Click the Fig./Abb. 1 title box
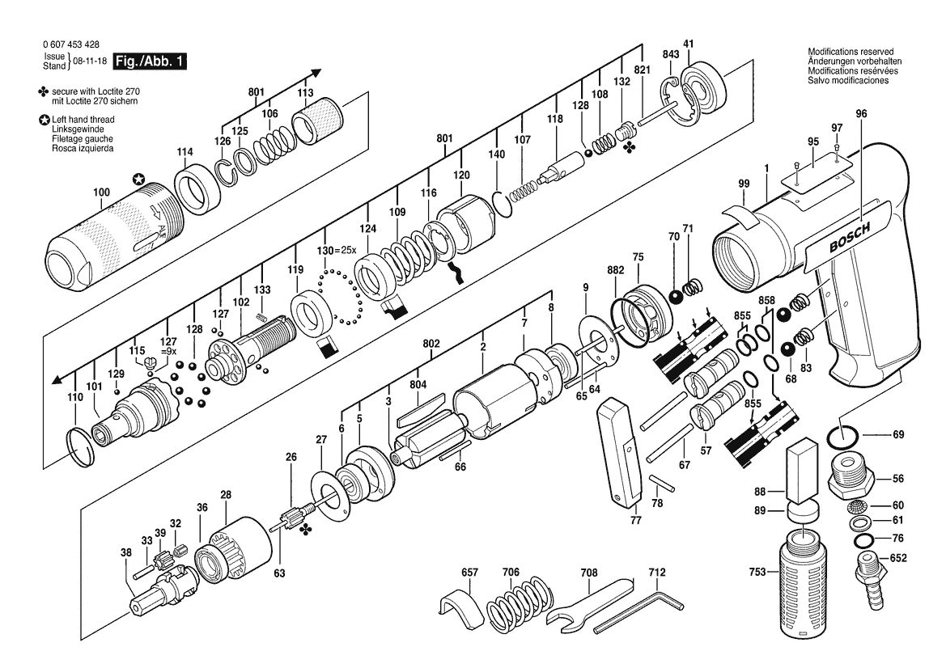[151, 61]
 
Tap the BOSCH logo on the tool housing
[850, 237]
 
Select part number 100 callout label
[101, 192]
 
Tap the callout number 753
[757, 572]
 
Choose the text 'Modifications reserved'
[851, 52]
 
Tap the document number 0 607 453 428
[71, 44]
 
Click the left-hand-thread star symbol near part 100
[138, 179]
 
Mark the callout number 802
[431, 344]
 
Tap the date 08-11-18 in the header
[90, 61]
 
